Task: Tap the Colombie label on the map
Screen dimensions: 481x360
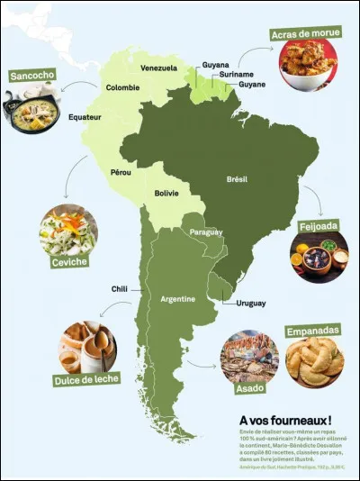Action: click(122, 87)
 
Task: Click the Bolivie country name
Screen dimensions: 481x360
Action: click(166, 193)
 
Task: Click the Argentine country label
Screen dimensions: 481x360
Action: click(177, 298)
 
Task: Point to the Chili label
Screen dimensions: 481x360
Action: click(120, 289)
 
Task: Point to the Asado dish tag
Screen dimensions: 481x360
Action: click(248, 392)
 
